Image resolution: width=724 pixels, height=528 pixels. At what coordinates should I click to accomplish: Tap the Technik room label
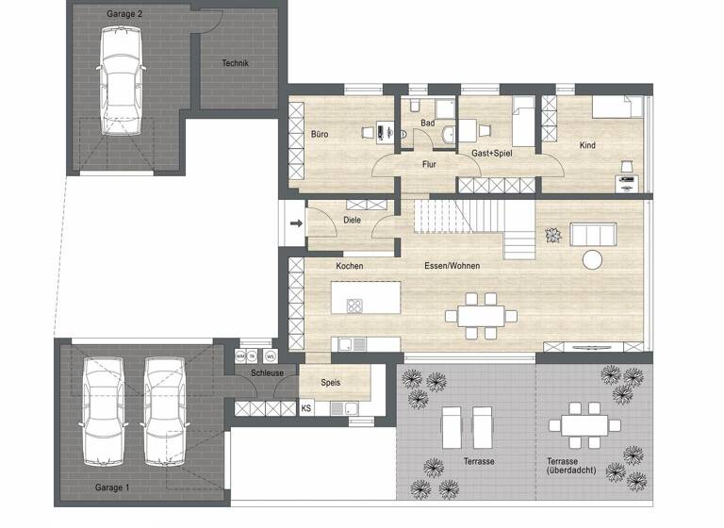[x=235, y=63]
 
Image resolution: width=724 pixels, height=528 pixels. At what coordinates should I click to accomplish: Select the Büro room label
[x=321, y=135]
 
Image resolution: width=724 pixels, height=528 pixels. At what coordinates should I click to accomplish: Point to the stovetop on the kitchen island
[x=356, y=305]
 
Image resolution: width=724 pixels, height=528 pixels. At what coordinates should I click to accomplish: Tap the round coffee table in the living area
[x=593, y=260]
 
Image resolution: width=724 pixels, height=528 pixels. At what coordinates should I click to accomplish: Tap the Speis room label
[x=331, y=383]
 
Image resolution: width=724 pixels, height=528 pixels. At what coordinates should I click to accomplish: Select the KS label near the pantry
[x=305, y=408]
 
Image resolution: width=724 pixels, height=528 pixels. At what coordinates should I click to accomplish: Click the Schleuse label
[x=267, y=373]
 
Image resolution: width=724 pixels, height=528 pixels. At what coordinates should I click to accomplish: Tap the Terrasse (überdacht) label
[x=570, y=466]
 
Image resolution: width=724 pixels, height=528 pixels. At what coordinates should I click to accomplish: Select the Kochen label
[x=349, y=266]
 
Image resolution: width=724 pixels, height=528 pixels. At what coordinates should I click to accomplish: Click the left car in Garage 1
[x=102, y=411]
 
